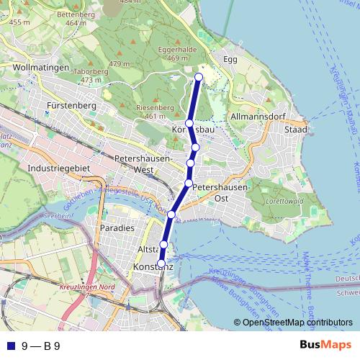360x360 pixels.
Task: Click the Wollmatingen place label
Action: pyautogui.click(x=40, y=67)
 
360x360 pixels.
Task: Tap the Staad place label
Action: pyautogui.click(x=296, y=130)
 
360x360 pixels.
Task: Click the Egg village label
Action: pyautogui.click(x=230, y=59)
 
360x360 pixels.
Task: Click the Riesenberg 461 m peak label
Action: pyautogui.click(x=156, y=112)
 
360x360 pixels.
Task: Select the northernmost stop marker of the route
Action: pyautogui.click(x=199, y=77)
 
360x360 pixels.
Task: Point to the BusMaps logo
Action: pyautogui.click(x=326, y=346)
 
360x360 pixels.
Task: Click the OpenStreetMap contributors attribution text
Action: pyautogui.click(x=297, y=323)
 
